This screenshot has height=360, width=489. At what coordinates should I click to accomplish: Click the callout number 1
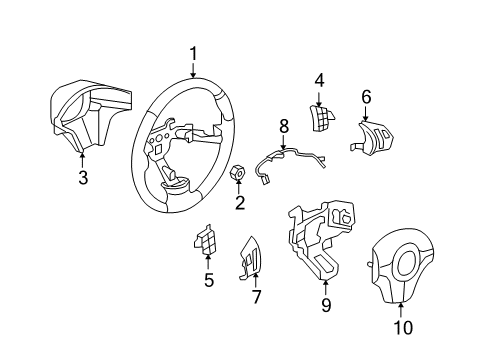point(194,54)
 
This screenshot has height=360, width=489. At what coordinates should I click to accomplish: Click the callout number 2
point(240,205)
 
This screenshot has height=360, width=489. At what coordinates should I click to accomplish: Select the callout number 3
point(83,178)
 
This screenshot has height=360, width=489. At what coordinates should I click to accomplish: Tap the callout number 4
point(320,79)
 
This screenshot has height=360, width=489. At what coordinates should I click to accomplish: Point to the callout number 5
point(209,280)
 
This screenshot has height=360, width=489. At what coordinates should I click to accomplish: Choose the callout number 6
point(366,97)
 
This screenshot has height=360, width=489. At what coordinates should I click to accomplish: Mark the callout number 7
point(255,297)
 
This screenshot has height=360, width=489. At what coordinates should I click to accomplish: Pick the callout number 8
point(283,127)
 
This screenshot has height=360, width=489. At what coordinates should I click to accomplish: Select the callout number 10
point(402,325)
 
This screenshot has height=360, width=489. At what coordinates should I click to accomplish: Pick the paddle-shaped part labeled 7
point(253,258)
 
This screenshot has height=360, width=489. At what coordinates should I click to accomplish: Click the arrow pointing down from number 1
point(194,70)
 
